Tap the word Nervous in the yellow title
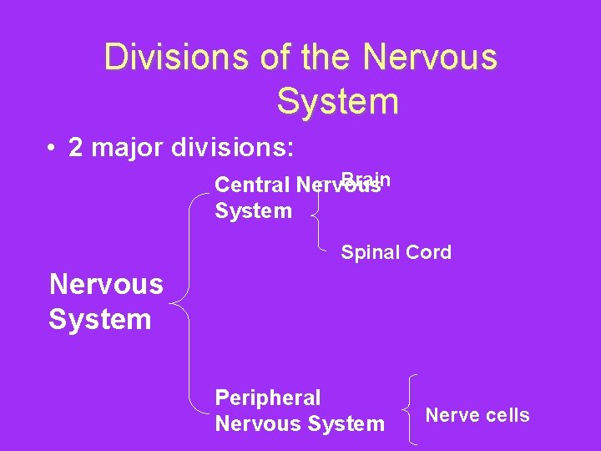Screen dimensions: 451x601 click(x=430, y=58)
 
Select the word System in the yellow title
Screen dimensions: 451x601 click(x=337, y=101)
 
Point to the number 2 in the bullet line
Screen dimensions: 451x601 click(x=76, y=148)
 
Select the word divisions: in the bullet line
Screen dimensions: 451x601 click(x=231, y=148)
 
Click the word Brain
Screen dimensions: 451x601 click(x=366, y=179)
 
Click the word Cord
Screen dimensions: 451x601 click(x=427, y=252)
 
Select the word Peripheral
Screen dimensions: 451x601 click(x=267, y=398)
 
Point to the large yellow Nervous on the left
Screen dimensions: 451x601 click(x=106, y=284)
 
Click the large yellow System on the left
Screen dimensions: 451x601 click(x=100, y=319)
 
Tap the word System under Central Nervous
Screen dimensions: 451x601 click(x=254, y=210)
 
